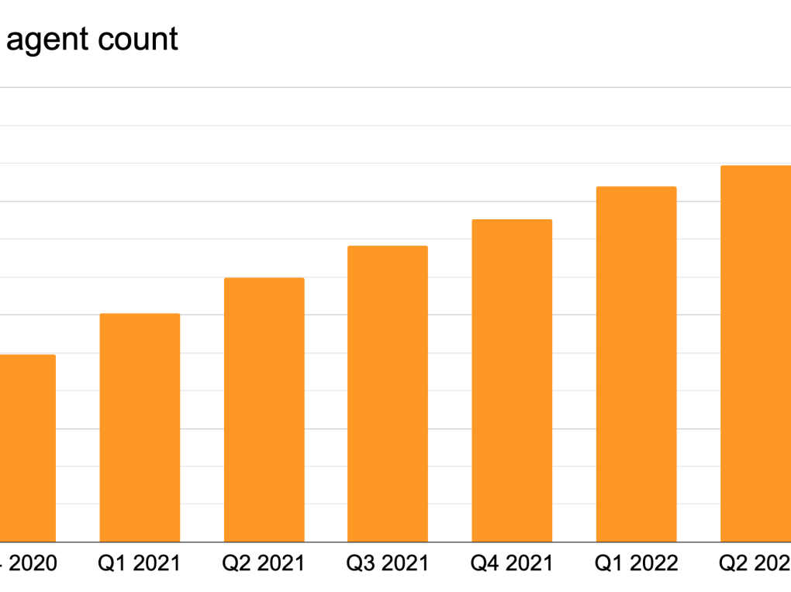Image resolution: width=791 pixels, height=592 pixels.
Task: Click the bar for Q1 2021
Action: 140,428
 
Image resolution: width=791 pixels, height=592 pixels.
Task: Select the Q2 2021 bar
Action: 264,410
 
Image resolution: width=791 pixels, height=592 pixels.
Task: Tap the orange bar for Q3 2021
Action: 388,394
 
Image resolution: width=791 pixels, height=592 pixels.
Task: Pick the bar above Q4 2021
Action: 512,380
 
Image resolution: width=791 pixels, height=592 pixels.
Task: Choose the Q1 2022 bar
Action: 636,364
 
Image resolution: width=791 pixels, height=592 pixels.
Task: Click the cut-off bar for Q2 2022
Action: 756,353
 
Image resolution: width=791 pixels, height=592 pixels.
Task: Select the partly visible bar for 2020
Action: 28,448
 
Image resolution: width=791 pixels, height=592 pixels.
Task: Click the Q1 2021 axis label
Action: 140,563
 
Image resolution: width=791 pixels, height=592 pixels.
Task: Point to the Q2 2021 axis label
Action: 264,563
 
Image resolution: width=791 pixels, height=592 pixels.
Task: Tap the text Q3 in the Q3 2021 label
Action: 362,563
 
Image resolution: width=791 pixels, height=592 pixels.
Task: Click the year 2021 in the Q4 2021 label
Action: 528,563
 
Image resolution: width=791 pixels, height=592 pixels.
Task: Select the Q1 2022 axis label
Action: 636,563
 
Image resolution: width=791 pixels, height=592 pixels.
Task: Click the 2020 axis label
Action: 31,563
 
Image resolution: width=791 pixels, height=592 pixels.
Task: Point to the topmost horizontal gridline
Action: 388,88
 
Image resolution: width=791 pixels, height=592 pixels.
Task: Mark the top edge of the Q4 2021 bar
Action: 512,220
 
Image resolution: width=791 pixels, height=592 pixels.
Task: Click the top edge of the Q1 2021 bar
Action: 140,314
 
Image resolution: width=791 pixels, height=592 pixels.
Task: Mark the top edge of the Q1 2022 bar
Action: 636,188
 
